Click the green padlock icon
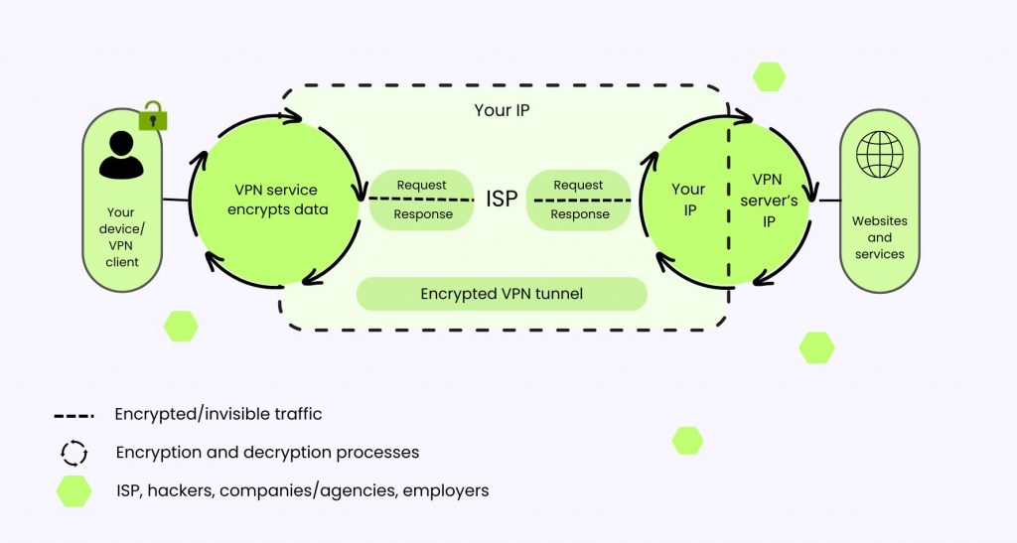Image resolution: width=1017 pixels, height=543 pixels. [x=152, y=117]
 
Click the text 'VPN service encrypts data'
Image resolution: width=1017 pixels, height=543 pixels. [x=275, y=200]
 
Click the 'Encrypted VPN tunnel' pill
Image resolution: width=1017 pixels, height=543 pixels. [x=502, y=294]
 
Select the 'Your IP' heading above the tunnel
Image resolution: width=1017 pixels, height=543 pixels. [x=502, y=110]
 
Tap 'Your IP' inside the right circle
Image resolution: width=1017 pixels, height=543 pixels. [x=688, y=200]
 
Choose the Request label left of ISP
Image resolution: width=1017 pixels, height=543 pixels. [x=421, y=186]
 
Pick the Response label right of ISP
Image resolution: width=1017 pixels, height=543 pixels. [x=579, y=214]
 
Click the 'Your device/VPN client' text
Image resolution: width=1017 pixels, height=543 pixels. [x=122, y=237]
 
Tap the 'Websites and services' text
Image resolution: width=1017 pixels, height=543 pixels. [x=879, y=237]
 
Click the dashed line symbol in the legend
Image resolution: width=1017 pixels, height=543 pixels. [x=73, y=415]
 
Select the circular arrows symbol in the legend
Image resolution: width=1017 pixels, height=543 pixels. [x=73, y=453]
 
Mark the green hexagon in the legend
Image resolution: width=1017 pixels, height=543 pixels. [x=73, y=490]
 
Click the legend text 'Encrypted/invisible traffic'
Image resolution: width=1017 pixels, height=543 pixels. [x=218, y=414]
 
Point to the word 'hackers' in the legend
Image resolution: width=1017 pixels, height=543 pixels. [x=181, y=490]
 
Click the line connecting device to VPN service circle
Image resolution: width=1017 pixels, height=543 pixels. [x=176, y=200]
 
